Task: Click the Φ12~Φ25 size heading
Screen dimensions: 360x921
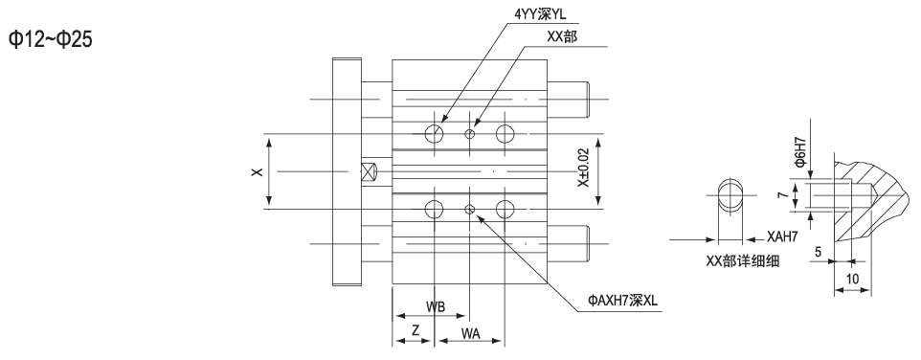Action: coord(50,42)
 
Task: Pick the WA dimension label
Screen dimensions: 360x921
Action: coord(470,332)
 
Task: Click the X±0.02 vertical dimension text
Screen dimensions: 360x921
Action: coord(583,170)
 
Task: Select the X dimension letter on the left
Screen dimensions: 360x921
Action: coord(256,170)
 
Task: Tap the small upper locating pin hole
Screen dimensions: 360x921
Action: coord(469,134)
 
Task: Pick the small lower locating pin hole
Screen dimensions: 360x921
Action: coord(469,209)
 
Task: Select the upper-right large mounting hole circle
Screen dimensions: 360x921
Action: coord(505,134)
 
